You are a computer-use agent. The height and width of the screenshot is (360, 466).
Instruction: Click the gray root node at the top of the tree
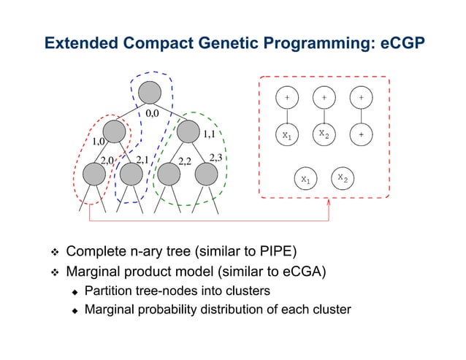pyautogui.click(x=149, y=92)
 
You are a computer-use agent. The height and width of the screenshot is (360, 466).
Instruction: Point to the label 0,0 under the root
pyautogui.click(x=152, y=114)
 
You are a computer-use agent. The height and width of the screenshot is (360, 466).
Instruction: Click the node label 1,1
pyautogui.click(x=208, y=134)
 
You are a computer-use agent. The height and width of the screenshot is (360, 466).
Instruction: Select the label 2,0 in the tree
pyautogui.click(x=107, y=159)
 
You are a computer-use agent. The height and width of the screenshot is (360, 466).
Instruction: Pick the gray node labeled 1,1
pyautogui.click(x=188, y=132)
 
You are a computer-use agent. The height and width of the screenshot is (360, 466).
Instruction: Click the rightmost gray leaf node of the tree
pyautogui.click(x=207, y=174)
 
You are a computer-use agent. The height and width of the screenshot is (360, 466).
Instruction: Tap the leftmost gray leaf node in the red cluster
pyautogui.click(x=94, y=174)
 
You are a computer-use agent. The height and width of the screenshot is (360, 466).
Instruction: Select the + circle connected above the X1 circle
pyautogui.click(x=286, y=96)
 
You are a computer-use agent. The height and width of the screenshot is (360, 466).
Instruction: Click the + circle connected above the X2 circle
pyautogui.click(x=324, y=96)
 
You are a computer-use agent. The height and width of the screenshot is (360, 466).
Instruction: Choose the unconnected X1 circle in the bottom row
pyautogui.click(x=305, y=179)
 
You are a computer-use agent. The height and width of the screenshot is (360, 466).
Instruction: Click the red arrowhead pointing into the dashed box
pyautogui.click(x=329, y=202)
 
